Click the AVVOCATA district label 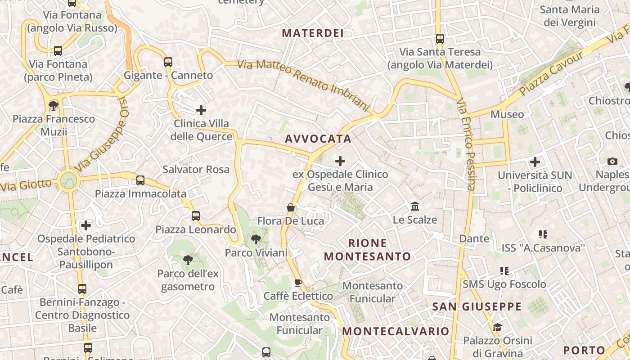click(x=318, y=139)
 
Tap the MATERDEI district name click(x=313, y=33)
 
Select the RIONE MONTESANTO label click(x=368, y=250)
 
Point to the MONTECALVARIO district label click(x=396, y=332)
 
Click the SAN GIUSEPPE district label click(x=477, y=307)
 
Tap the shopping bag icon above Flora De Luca click(x=291, y=207)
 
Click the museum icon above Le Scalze click(x=415, y=207)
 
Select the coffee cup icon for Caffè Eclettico click(x=298, y=283)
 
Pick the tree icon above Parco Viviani click(x=256, y=239)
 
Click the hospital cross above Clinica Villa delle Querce click(x=201, y=110)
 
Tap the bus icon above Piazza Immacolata click(x=140, y=180)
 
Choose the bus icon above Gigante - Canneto click(x=168, y=62)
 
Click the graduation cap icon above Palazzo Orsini click(x=497, y=327)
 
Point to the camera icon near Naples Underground click(x=612, y=161)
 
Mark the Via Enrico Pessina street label click(x=466, y=144)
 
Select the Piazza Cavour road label click(x=551, y=73)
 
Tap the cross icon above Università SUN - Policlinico click(x=535, y=162)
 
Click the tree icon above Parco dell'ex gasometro click(x=188, y=260)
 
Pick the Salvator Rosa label click(x=196, y=170)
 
